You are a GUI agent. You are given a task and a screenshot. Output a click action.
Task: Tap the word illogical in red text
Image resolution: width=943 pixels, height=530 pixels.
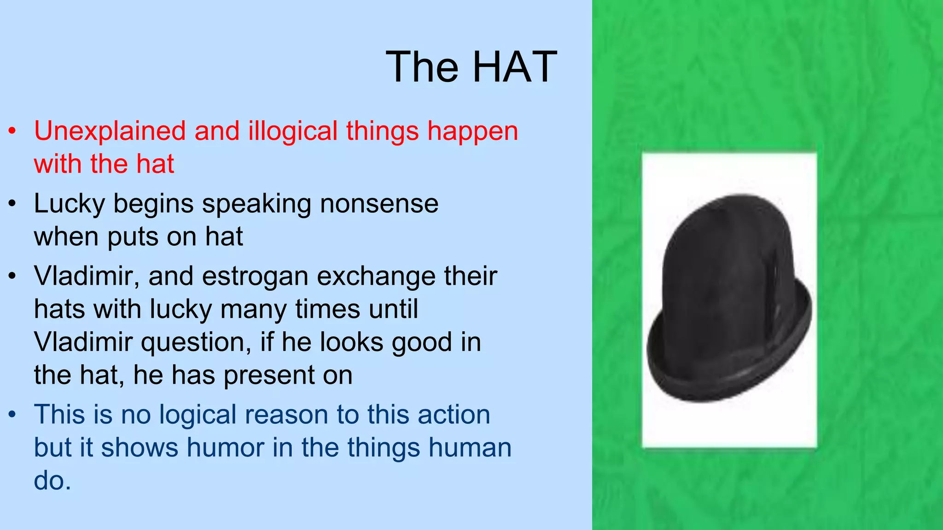coord(293,131)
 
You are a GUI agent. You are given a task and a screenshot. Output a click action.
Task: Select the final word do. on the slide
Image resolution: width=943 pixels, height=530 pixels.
coord(52,481)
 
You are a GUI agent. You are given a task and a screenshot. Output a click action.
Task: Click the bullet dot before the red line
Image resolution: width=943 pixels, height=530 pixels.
coord(12,131)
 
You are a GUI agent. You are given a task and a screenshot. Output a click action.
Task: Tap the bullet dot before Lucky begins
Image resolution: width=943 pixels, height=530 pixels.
coord(12,204)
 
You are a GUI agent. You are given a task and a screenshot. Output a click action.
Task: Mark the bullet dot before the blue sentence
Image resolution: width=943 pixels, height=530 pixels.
coord(12,415)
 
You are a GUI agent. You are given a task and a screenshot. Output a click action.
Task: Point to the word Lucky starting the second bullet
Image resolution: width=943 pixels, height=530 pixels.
coord(70,203)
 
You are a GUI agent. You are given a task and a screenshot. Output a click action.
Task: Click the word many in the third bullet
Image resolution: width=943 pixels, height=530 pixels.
coord(253,309)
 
